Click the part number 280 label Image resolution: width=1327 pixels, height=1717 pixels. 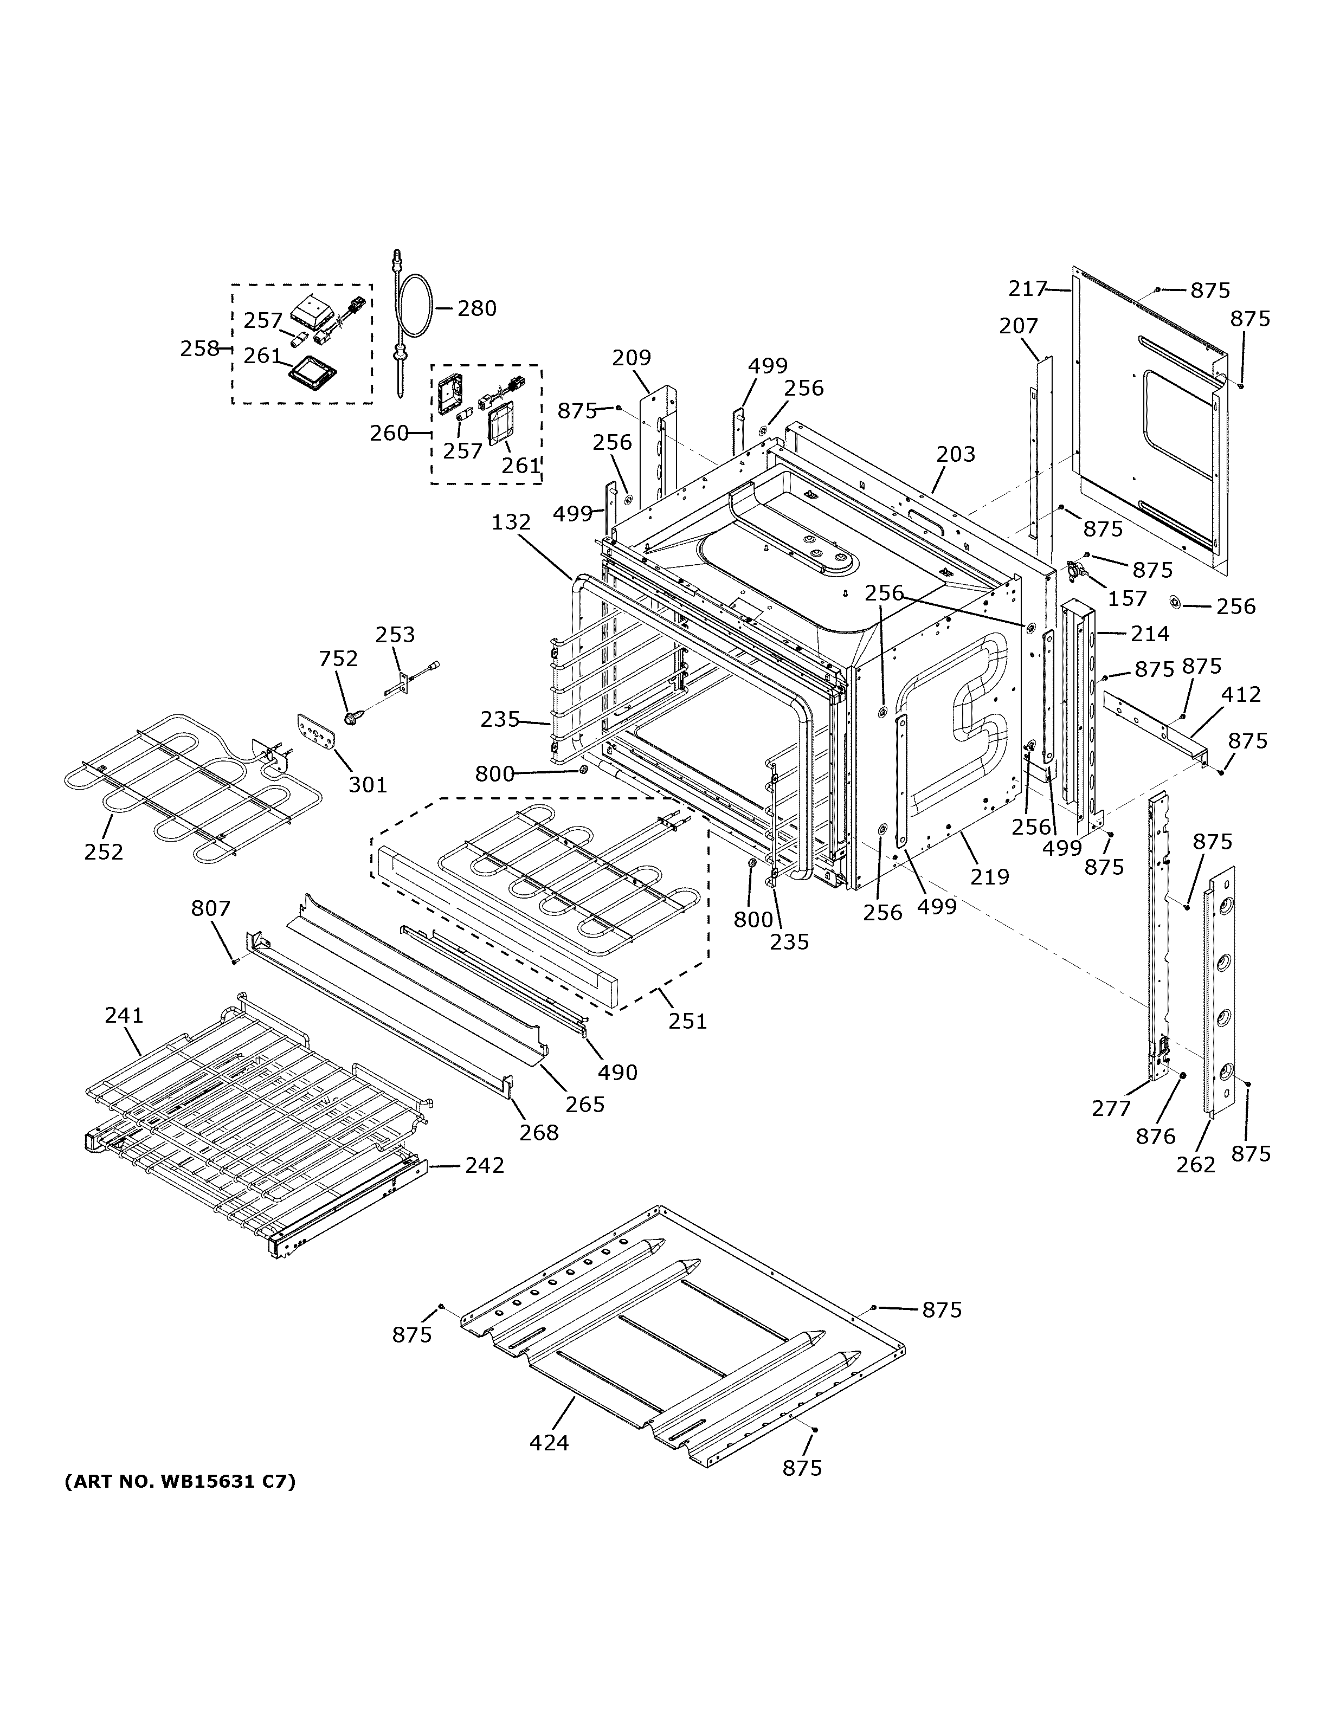[x=476, y=308]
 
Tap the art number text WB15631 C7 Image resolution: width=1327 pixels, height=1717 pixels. [x=179, y=1481]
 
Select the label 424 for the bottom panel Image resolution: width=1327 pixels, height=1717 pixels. [x=549, y=1443]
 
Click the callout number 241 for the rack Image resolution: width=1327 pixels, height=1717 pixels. [x=124, y=1016]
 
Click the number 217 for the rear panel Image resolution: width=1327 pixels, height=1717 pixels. [x=1027, y=289]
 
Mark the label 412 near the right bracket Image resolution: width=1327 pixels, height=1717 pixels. [x=1240, y=694]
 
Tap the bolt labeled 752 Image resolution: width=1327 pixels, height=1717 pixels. [x=351, y=718]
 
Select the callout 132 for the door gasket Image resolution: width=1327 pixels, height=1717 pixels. [x=511, y=522]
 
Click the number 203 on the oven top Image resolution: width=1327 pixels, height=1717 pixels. [x=955, y=454]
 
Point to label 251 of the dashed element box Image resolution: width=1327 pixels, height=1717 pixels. [x=687, y=1021]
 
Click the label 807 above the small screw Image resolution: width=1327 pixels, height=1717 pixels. [x=211, y=909]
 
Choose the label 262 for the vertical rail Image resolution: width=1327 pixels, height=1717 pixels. [x=1196, y=1164]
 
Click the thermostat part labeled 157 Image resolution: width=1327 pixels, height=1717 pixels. [x=1079, y=572]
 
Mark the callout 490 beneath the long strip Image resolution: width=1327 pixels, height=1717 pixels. [x=617, y=1071]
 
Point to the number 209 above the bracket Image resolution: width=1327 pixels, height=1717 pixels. [x=632, y=358]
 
